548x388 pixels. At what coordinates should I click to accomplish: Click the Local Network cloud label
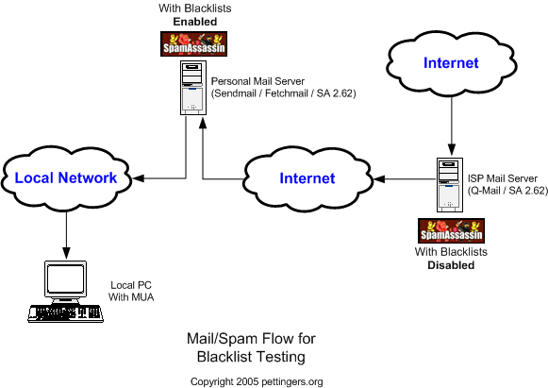pos(66,177)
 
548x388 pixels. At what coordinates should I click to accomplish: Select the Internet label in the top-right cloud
pos(451,63)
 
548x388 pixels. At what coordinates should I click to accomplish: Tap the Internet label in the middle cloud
pos(307,178)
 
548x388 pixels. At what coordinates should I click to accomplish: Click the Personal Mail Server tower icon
pos(193,88)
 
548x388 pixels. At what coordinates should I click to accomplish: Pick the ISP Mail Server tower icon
pos(450,185)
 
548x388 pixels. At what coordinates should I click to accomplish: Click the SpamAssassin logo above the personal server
pos(194,44)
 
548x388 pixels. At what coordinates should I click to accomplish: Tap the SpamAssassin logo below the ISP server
pos(451,230)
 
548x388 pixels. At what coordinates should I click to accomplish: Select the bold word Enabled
pos(195,22)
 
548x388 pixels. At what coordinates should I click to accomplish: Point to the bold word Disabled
pos(451,265)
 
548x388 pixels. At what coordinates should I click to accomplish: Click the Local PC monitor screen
pos(66,278)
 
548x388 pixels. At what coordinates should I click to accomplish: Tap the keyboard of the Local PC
pos(66,313)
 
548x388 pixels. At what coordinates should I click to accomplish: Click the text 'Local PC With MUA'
pos(131,291)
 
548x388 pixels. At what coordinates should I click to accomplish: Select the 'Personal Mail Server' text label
pos(257,81)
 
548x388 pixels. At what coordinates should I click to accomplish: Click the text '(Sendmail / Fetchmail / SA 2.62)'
pos(284,93)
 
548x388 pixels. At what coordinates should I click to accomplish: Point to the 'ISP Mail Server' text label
pos(503,178)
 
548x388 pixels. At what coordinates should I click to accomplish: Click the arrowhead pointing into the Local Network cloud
pos(138,178)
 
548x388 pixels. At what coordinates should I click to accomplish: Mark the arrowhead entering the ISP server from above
pos(452,149)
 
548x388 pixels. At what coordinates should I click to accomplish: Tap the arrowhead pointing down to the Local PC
pos(66,253)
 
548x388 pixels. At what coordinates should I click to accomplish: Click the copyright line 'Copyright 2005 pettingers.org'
pos(257,381)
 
